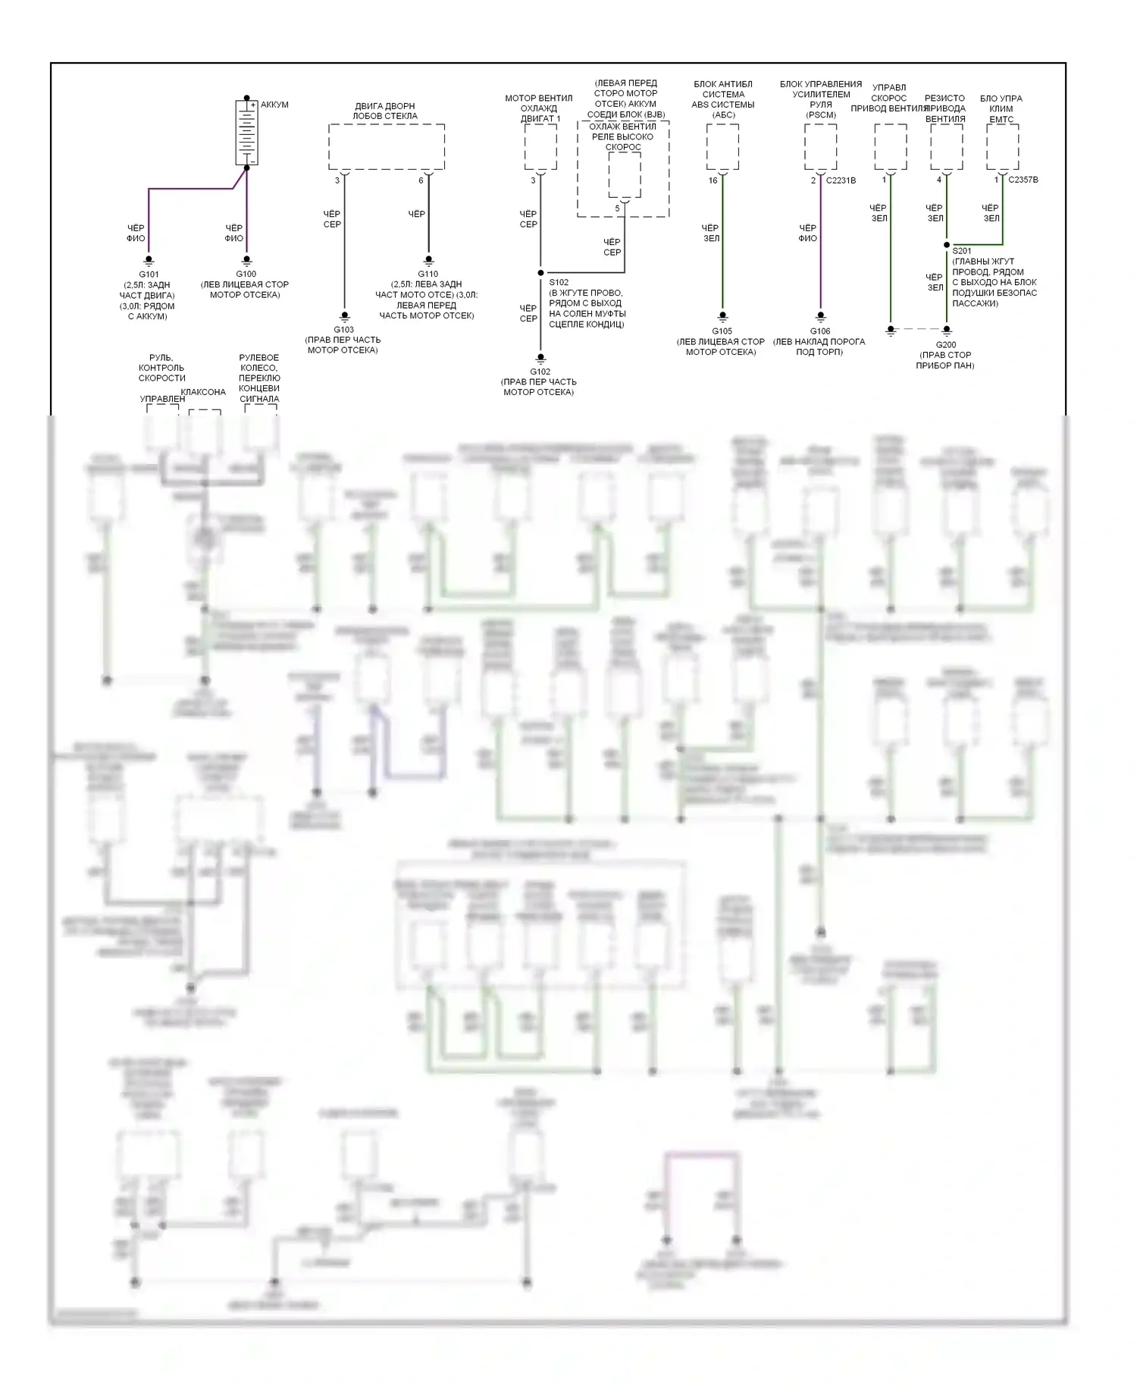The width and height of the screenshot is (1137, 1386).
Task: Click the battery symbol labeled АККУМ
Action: click(x=247, y=132)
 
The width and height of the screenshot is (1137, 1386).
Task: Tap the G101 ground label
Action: click(x=149, y=274)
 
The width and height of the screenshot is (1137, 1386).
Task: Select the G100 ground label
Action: click(x=246, y=274)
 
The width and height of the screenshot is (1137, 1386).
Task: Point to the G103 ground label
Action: click(x=343, y=330)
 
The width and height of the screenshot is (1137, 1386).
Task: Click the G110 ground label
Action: click(x=428, y=274)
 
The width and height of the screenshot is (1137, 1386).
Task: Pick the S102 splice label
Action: click(x=559, y=282)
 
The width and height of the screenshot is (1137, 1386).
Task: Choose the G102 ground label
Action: click(x=540, y=372)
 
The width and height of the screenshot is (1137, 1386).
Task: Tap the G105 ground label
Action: click(x=722, y=331)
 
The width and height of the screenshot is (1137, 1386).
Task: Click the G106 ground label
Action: click(x=820, y=331)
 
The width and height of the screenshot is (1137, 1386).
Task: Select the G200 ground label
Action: click(x=945, y=345)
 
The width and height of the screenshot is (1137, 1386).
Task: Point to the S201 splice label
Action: click(x=961, y=251)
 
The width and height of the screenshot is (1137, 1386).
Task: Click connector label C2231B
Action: click(x=841, y=180)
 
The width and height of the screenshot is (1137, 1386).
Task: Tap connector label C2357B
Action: click(x=1023, y=180)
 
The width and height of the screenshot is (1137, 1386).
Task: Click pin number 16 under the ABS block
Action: click(x=713, y=180)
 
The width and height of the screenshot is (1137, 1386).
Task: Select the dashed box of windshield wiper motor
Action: click(x=386, y=147)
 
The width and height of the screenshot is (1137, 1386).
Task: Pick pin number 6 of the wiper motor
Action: click(x=421, y=180)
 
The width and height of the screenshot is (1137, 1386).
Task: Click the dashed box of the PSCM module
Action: click(x=820, y=147)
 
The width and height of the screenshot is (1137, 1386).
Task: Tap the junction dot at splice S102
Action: click(x=540, y=273)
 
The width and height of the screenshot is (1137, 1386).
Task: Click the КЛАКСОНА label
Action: click(x=203, y=392)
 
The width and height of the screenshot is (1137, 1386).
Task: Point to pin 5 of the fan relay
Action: click(x=617, y=209)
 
